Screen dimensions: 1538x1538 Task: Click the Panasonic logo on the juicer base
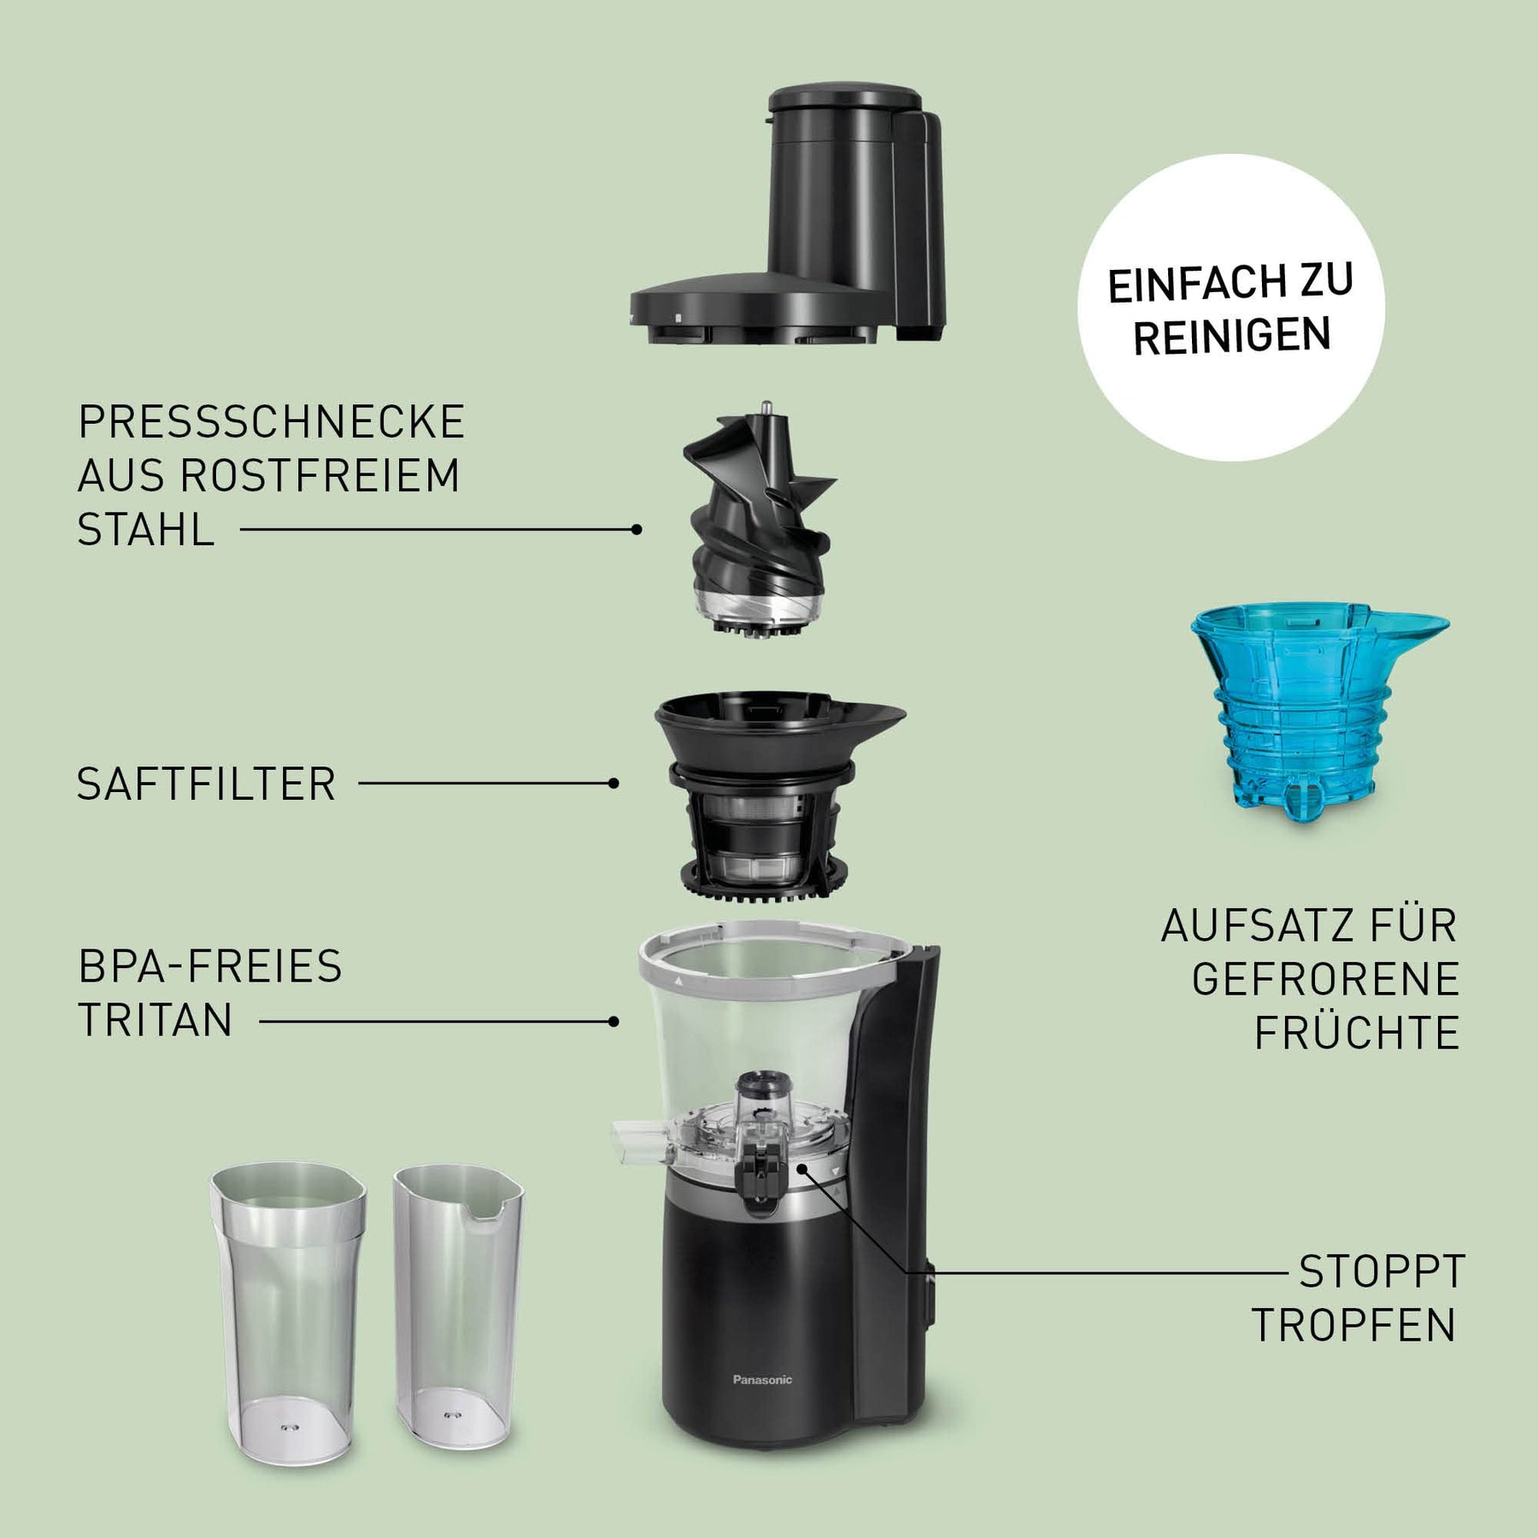(762, 1379)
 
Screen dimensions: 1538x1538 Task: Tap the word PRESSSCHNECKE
(272, 421)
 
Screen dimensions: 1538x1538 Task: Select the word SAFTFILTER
(207, 784)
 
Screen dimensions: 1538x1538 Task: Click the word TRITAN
(156, 1019)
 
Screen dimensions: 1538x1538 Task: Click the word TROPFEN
(1354, 1325)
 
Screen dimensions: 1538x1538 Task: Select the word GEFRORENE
(1325, 979)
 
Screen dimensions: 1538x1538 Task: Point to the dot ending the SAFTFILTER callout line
(613, 783)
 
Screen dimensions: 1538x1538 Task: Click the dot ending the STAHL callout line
(637, 530)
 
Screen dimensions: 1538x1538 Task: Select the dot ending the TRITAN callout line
(613, 1021)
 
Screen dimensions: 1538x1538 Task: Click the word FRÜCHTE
(1357, 1032)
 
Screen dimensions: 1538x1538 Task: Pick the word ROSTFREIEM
(320, 475)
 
